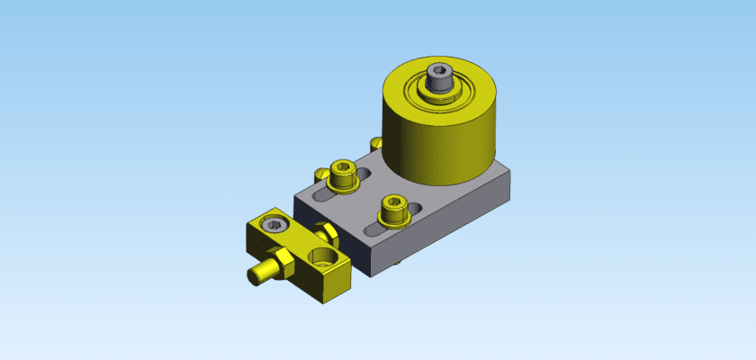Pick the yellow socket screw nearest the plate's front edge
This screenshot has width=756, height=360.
point(392,211)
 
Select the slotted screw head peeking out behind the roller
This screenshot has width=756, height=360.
point(376,142)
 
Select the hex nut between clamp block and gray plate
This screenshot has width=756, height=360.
point(329,236)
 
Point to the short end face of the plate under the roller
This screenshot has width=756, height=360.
point(509,186)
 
